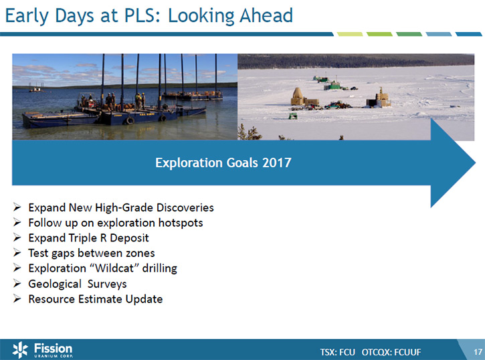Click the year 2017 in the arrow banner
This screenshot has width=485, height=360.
pyautogui.click(x=276, y=163)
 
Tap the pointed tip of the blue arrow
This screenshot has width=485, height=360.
pyautogui.click(x=475, y=163)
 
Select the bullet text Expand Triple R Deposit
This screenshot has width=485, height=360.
pyautogui.click(x=88, y=238)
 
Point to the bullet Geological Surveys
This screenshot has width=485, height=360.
pyautogui.click(x=78, y=284)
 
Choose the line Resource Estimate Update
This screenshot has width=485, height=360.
pyautogui.click(x=96, y=299)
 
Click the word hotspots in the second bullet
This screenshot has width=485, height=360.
pyautogui.click(x=181, y=223)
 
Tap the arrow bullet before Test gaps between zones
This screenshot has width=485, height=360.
pyautogui.click(x=17, y=253)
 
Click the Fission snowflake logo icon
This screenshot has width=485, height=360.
pyautogui.click(x=20, y=350)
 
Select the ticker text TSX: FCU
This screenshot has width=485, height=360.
pyautogui.click(x=337, y=352)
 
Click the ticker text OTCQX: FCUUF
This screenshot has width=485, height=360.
pyautogui.click(x=391, y=352)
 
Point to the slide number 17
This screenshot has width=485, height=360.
pyautogui.click(x=478, y=352)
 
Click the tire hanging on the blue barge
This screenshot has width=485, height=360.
pyautogui.click(x=130, y=120)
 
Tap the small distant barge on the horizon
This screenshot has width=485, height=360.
pyautogui.click(x=35, y=89)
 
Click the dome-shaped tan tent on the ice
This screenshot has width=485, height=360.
pyautogui.click(x=297, y=96)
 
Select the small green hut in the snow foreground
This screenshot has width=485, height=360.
pyautogui.click(x=293, y=116)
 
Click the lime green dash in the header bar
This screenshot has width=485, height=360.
pyautogui.click(x=349, y=34)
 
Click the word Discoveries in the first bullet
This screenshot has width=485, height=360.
pyautogui.click(x=185, y=207)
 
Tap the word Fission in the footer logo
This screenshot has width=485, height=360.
pyautogui.click(x=53, y=348)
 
